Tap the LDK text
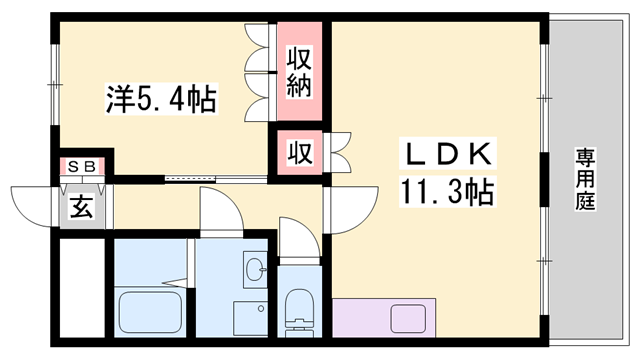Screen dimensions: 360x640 [447, 154]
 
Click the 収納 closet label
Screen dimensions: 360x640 [300, 71]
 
